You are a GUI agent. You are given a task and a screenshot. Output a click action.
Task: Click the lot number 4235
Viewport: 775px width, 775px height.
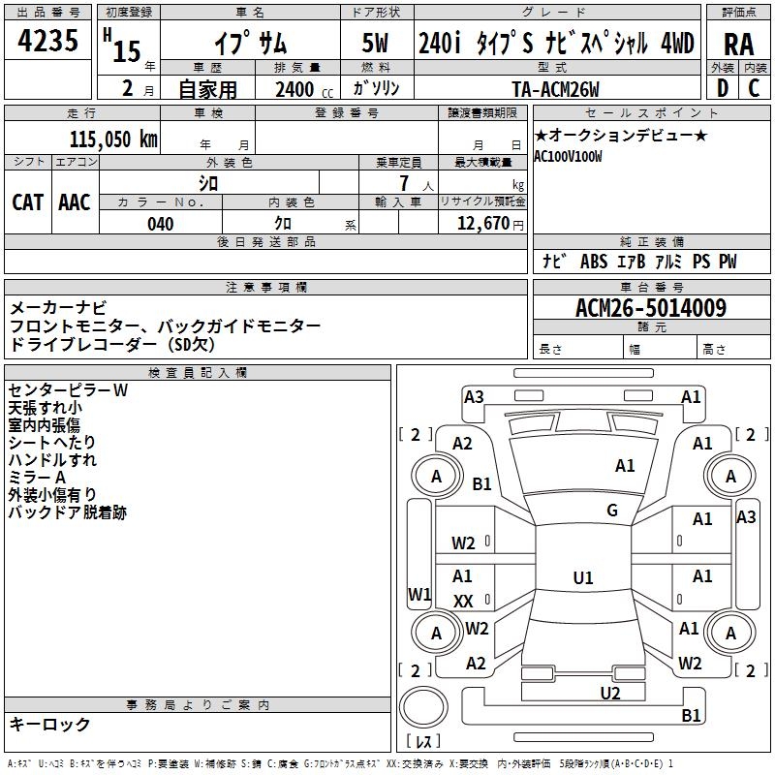pyautogui.click(x=47, y=40)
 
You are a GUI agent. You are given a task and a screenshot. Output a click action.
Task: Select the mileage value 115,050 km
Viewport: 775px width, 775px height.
pyautogui.click(x=113, y=139)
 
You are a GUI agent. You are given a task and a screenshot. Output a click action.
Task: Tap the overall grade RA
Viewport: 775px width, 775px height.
pyautogui.click(x=739, y=45)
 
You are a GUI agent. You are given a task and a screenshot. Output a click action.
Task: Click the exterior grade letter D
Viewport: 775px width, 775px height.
pyautogui.click(x=723, y=88)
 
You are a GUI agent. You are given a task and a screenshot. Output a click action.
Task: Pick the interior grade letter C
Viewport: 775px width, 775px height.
pyautogui.click(x=754, y=88)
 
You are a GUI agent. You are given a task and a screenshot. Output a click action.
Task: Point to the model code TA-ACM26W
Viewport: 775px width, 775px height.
pyautogui.click(x=555, y=89)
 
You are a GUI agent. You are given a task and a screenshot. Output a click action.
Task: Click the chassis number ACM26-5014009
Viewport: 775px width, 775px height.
pyautogui.click(x=651, y=308)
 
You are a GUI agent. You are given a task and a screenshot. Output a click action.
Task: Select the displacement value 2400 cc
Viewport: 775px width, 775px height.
pyautogui.click(x=304, y=89)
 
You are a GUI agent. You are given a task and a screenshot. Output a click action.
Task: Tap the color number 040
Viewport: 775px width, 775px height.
pyautogui.click(x=161, y=224)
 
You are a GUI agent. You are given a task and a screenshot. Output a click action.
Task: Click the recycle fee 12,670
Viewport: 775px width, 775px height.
pyautogui.click(x=483, y=224)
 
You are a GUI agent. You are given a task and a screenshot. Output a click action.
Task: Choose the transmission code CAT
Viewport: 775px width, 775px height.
pyautogui.click(x=27, y=202)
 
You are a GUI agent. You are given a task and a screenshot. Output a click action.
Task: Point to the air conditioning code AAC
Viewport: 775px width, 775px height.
pyautogui.click(x=75, y=202)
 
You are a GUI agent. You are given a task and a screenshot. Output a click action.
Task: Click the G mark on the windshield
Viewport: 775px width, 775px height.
pyautogui.click(x=612, y=511)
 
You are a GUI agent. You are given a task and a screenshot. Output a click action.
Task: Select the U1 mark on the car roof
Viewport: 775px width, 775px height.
pyautogui.click(x=583, y=577)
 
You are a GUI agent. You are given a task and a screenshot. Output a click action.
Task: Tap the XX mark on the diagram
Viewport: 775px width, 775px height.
pyautogui.click(x=463, y=601)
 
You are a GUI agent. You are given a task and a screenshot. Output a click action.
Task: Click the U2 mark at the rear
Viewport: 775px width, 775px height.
pyautogui.click(x=610, y=694)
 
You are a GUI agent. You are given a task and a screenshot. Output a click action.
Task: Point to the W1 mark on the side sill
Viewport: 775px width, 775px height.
pyautogui.click(x=419, y=594)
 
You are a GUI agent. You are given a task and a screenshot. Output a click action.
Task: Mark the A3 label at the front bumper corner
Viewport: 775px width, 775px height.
pyautogui.click(x=474, y=397)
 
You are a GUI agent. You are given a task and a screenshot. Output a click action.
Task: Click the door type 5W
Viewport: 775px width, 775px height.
pyautogui.click(x=375, y=43)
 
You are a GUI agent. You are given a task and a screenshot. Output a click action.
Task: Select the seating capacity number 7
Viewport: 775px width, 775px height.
pyautogui.click(x=404, y=183)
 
